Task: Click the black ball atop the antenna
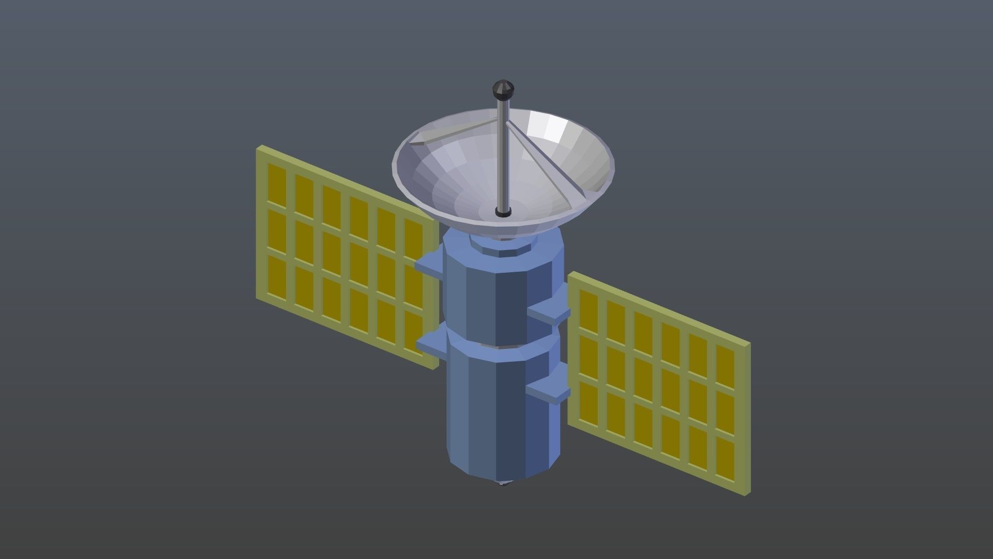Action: [x=502, y=90]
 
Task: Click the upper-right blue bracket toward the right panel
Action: [x=549, y=313]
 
